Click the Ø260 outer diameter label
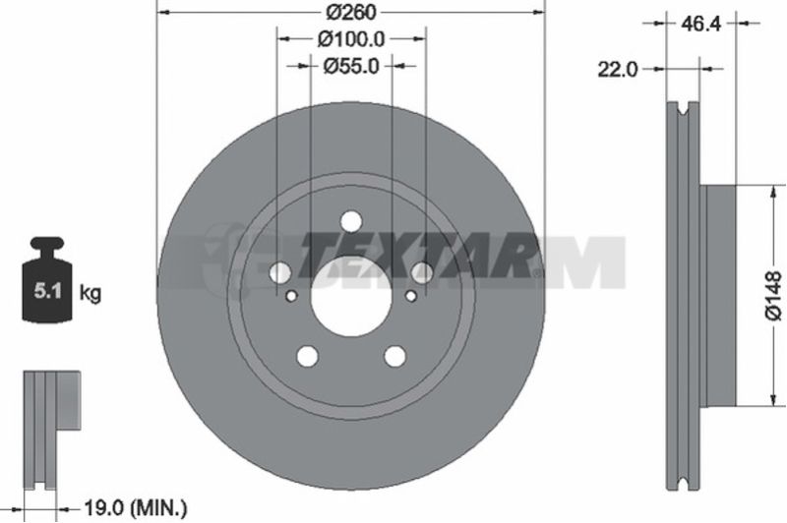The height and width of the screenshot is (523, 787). point(351,13)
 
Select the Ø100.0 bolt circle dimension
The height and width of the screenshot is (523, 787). point(351,38)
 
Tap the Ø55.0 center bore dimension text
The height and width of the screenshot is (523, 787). point(351,66)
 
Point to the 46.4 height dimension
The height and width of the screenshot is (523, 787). point(701,23)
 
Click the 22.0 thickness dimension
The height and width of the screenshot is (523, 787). point(618,69)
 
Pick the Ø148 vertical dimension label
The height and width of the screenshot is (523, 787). point(773,295)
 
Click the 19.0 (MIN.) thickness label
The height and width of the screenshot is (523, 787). point(136,509)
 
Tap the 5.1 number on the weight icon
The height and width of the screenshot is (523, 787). point(47,291)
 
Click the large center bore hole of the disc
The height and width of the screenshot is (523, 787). point(350,296)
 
